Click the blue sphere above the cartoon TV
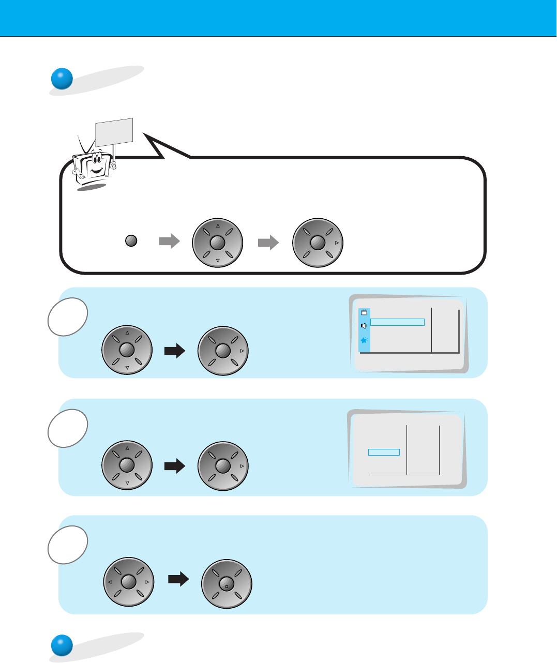(x=62, y=79)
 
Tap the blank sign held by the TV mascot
(x=114, y=131)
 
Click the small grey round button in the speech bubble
(x=131, y=241)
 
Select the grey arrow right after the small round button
(x=169, y=242)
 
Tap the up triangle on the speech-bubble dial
(x=218, y=225)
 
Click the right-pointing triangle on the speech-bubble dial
(x=337, y=242)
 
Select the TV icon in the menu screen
(x=364, y=312)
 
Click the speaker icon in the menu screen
(x=364, y=326)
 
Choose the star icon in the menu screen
(x=364, y=340)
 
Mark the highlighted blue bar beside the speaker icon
(x=398, y=322)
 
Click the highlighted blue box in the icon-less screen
(x=384, y=452)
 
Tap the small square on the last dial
(x=227, y=587)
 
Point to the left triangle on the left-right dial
(x=110, y=582)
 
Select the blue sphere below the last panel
(x=62, y=646)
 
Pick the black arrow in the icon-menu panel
(x=175, y=352)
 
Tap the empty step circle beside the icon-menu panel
(x=67, y=317)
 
